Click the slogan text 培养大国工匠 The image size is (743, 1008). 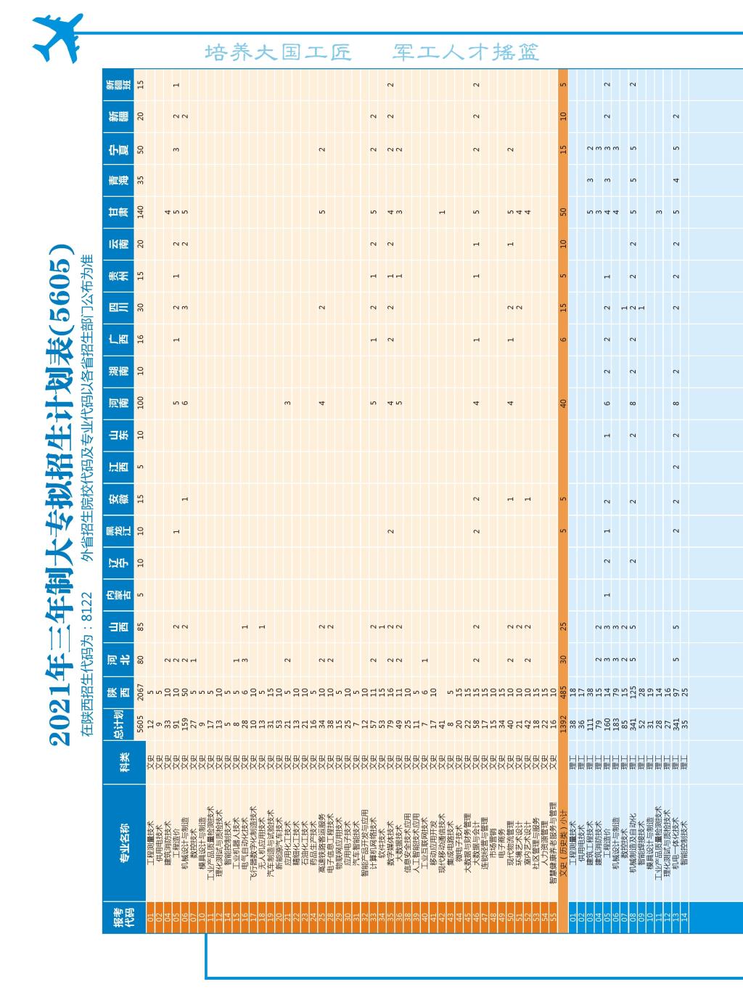(x=279, y=52)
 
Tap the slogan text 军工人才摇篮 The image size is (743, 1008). (x=466, y=52)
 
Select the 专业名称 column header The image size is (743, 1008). (x=123, y=841)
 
